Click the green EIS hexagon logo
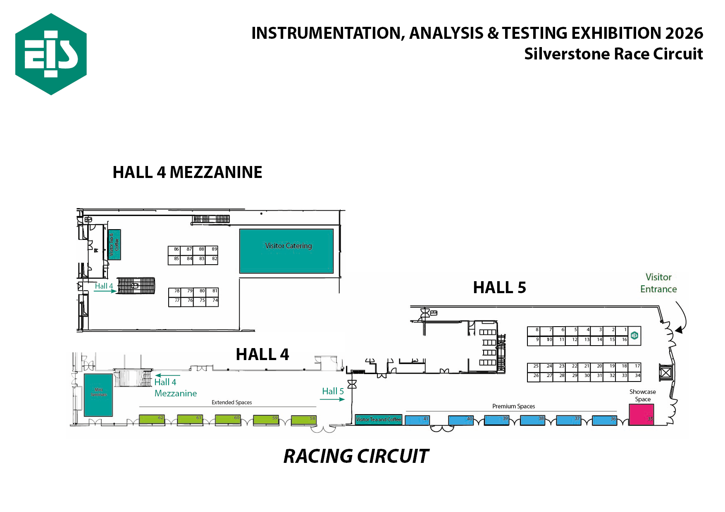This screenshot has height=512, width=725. pos(51,54)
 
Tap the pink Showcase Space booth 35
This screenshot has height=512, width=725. pos(641,415)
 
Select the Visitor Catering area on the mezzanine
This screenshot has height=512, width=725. pos(286,251)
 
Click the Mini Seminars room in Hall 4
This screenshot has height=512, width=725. pos(98,395)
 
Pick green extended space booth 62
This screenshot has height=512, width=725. pos(152,420)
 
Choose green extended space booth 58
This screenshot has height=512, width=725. pos(304,420)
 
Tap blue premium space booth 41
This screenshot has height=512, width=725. pos(417,420)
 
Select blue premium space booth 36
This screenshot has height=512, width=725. pos(604,420)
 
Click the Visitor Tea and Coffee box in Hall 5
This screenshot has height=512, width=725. pos(379,420)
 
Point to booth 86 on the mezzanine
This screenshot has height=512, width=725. pos(174,250)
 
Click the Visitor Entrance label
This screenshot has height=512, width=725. pos(658,283)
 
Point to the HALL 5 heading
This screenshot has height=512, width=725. pos(499,287)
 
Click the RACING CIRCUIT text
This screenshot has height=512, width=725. pos(356,456)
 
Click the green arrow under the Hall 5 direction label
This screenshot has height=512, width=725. pos(332,399)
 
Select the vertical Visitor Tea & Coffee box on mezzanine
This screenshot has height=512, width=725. pos(114,244)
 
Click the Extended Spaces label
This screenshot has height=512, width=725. pos(231,403)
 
